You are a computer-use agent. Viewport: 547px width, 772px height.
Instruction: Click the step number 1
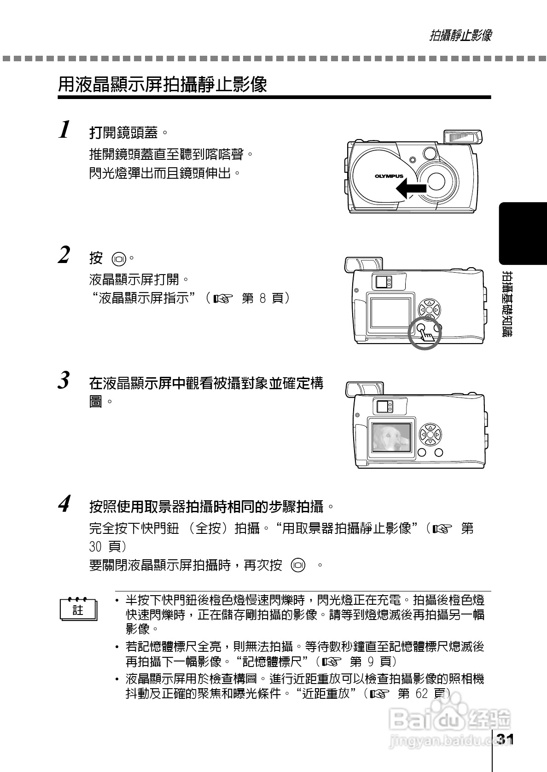65,129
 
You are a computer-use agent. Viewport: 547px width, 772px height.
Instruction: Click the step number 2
64,255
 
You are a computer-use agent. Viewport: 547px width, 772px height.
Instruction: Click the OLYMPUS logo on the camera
389,176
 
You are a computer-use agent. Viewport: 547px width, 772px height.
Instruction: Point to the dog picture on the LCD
391,437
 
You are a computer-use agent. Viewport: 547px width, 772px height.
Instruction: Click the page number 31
505,740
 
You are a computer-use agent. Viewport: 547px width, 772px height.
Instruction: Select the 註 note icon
78,610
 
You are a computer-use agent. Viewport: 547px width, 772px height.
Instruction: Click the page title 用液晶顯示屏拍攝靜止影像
163,85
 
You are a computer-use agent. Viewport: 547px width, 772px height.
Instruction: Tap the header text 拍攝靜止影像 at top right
460,35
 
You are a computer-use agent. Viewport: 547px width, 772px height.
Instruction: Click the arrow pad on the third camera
430,434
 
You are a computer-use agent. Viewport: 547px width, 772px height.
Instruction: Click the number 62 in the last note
423,694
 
